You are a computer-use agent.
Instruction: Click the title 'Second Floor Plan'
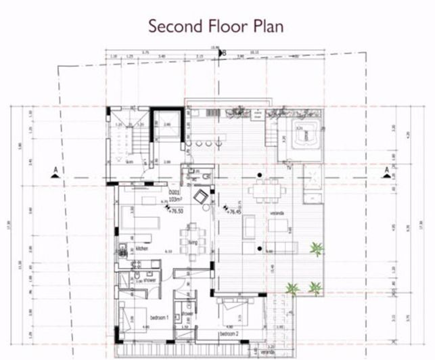coord(216,25)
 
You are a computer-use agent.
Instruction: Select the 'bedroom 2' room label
coord(229,334)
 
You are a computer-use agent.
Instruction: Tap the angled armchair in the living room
coord(202,197)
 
